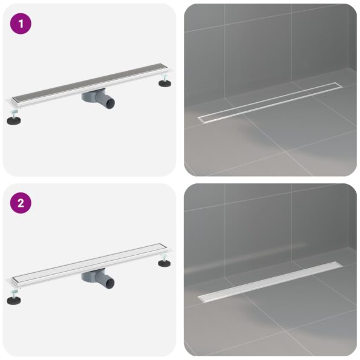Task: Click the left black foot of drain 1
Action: click(x=13, y=120)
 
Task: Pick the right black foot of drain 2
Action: click(x=164, y=263)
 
